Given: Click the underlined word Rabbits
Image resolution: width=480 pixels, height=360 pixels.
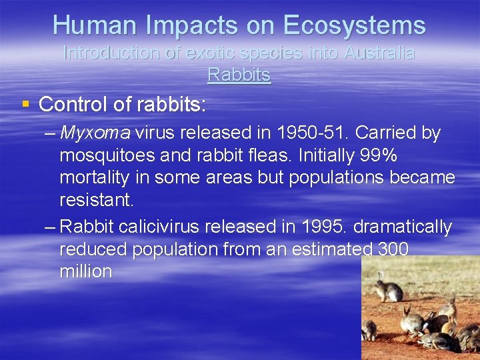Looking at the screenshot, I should [239, 74].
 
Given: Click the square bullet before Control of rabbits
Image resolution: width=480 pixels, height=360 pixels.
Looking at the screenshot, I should [25, 103].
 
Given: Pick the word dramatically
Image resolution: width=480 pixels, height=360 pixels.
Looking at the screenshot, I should [403, 227].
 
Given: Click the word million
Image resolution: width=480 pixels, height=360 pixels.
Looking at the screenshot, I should [86, 272].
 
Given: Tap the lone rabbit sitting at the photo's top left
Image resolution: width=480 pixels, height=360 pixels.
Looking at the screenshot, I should [387, 289].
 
